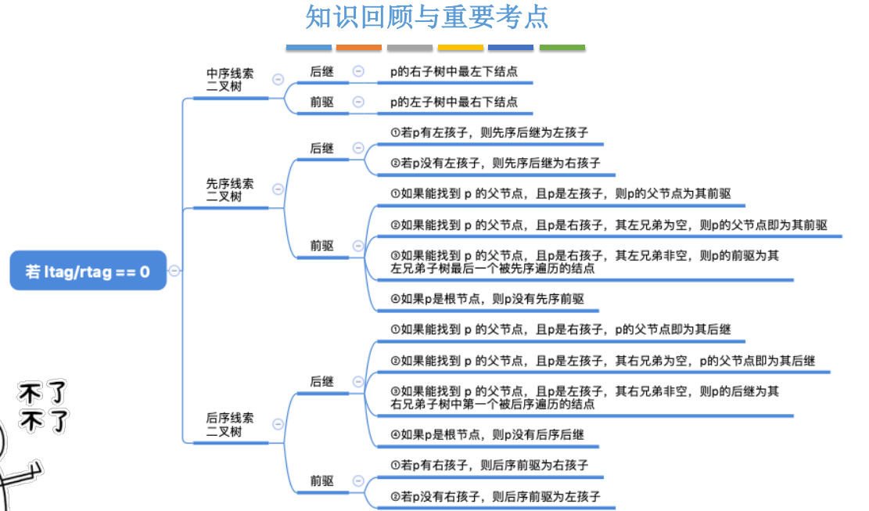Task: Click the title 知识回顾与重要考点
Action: click(427, 17)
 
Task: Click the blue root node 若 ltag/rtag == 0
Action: click(88, 271)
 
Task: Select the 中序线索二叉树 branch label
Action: click(229, 80)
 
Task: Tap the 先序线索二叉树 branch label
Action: click(229, 190)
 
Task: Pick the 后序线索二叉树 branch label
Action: click(229, 425)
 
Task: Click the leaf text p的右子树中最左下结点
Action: click(454, 72)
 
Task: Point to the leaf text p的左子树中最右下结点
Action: click(454, 102)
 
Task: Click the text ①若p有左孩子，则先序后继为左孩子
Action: click(489, 133)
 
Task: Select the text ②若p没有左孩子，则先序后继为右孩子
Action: click(494, 164)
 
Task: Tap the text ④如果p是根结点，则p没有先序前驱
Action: click(487, 299)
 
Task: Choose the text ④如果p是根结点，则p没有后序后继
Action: click(487, 435)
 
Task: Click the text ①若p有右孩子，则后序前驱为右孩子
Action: click(489, 466)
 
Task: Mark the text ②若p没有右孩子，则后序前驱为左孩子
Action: click(494, 496)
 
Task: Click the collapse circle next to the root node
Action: click(174, 271)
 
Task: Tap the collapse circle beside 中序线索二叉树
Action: click(278, 79)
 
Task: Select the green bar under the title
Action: click(562, 48)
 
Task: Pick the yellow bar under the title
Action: click(460, 48)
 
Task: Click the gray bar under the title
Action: click(409, 48)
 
